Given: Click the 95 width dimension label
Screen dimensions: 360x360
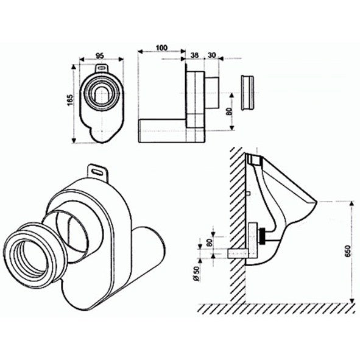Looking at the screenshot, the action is (x=99, y=55).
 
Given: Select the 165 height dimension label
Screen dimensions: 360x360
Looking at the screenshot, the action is (x=70, y=100).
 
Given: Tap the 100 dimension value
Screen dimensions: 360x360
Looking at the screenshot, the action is (x=161, y=48).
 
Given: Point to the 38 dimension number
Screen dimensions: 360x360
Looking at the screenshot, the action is (x=194, y=55).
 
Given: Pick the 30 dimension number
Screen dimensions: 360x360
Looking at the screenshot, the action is (x=212, y=55).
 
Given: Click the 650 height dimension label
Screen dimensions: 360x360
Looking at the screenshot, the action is (x=348, y=251).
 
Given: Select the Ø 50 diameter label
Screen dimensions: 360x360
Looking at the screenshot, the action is (x=196, y=274).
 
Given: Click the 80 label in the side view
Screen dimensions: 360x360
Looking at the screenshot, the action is (x=230, y=111).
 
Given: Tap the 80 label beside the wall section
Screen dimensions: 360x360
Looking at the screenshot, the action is (x=209, y=242).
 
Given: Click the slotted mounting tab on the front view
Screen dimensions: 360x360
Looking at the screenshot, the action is (x=102, y=68).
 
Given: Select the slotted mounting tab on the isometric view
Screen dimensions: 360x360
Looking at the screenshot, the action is (x=98, y=172).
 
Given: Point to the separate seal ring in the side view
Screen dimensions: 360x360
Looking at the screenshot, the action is (x=247, y=93).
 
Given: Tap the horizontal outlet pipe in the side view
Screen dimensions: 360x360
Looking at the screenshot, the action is (x=162, y=131).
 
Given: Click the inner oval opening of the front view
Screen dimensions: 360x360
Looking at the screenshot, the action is (x=101, y=95).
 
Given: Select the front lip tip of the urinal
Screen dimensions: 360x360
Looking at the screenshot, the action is (x=316, y=202).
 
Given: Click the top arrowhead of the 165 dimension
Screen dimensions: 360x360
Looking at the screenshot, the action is (x=74, y=67).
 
